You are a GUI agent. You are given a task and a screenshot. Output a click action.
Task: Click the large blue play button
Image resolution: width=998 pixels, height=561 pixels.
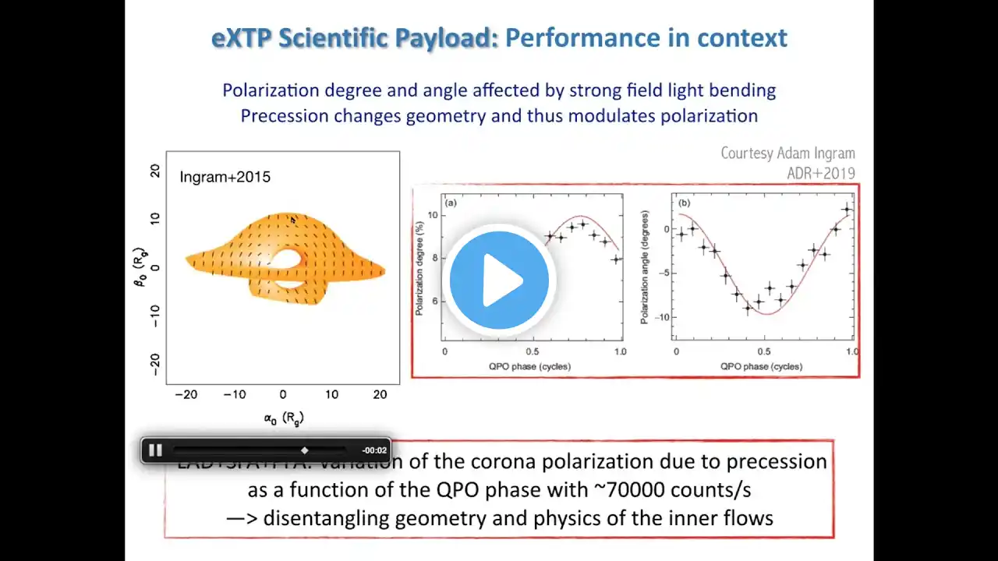coord(499,280)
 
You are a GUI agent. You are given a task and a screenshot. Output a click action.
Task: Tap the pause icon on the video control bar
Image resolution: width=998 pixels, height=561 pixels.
coord(155,450)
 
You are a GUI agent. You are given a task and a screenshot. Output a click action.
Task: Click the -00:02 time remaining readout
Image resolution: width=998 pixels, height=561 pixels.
coord(374,450)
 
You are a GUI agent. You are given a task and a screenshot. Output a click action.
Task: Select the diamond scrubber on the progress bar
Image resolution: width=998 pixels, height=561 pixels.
coord(305,450)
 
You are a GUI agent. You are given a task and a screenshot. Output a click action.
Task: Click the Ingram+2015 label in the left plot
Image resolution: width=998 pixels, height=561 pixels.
coord(225,177)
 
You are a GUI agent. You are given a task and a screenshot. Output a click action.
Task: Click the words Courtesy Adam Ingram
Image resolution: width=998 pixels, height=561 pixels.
coord(787,153)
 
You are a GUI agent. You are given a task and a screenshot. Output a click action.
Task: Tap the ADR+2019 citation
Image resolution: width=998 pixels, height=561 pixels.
coord(821,173)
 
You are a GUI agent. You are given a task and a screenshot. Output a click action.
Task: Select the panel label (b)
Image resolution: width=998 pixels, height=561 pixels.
coord(685,203)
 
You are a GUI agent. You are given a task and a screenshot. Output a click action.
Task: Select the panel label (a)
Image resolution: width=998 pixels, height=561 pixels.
coord(451,203)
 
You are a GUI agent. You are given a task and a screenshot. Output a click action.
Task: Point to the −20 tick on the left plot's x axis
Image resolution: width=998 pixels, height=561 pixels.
coord(186,394)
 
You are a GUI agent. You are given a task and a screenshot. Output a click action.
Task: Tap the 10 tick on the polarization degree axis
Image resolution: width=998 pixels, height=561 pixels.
coord(434,213)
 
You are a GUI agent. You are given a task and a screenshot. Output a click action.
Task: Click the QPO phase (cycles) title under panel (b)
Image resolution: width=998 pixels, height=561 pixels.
coord(761,366)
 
